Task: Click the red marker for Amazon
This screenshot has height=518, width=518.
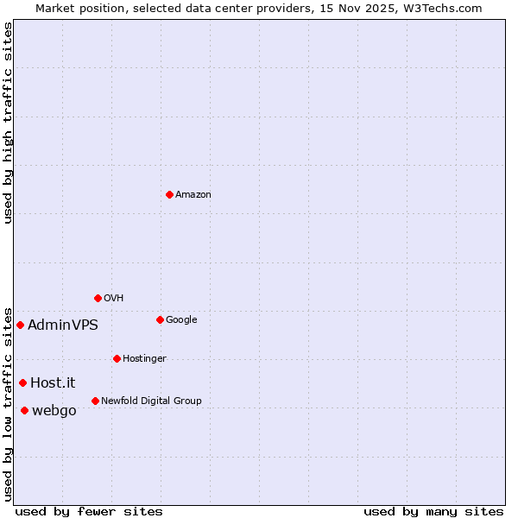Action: pyautogui.click(x=169, y=194)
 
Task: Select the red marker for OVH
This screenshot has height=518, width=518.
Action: pyautogui.click(x=98, y=298)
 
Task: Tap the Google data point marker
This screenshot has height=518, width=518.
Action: pyautogui.click(x=160, y=319)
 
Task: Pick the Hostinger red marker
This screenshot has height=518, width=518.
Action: pyautogui.click(x=117, y=358)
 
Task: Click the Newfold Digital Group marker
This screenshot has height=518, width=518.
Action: pyautogui.click(x=95, y=401)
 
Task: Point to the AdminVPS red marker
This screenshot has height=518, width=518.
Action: pyautogui.click(x=20, y=325)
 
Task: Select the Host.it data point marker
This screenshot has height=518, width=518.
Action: pyautogui.click(x=22, y=382)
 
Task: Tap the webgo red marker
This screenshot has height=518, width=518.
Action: pyautogui.click(x=24, y=410)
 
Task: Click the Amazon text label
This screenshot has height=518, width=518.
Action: pyautogui.click(x=193, y=194)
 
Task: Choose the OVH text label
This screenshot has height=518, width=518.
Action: pyautogui.click(x=114, y=298)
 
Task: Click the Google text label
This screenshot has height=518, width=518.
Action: pyautogui.click(x=181, y=319)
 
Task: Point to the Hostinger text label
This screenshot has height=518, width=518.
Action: pyautogui.click(x=144, y=358)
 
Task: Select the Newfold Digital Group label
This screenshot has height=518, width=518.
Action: pyautogui.click(x=151, y=401)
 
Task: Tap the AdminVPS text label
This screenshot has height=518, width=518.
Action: pyautogui.click(x=63, y=325)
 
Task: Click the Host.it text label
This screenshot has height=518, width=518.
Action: pyautogui.click(x=54, y=382)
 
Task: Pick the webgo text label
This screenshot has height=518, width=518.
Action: pyautogui.click(x=54, y=411)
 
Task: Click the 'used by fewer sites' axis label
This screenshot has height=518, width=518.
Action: pyautogui.click(x=89, y=511)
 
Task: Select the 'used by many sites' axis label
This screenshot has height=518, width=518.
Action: pyautogui.click(x=433, y=511)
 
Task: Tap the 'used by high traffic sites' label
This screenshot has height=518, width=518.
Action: pyautogui.click(x=8, y=123)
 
